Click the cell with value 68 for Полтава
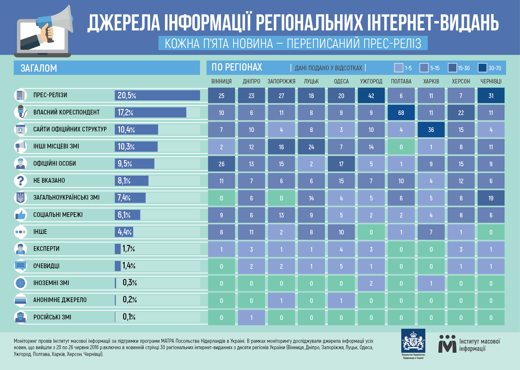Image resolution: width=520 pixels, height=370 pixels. (401, 113)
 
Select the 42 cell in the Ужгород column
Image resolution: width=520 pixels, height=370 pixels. (371, 96)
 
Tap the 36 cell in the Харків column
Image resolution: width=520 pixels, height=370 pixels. (431, 130)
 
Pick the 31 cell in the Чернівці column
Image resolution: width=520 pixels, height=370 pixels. (491, 96)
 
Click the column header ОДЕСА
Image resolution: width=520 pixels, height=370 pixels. (341, 81)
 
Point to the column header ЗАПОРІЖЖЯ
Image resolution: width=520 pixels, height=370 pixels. (281, 81)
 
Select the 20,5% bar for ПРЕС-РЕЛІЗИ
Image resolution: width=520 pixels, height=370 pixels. (157, 95)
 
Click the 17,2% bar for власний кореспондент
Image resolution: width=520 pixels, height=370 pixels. (151, 112)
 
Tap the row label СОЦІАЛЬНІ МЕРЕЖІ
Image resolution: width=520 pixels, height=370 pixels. (58, 215)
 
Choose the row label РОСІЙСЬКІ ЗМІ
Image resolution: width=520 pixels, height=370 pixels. (52, 317)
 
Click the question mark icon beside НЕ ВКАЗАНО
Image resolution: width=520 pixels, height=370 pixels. (20, 181)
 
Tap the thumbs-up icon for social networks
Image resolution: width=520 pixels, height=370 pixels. (20, 215)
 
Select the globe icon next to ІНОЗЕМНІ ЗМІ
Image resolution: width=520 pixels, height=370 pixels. (20, 283)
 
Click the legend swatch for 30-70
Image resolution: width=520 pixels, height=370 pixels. (482, 68)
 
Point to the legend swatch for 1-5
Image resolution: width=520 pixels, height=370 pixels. (399, 68)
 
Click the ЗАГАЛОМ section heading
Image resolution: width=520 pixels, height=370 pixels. (39, 68)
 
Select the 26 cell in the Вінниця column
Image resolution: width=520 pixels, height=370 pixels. (221, 164)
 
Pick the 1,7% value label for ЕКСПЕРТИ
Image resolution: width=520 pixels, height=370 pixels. (129, 249)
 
